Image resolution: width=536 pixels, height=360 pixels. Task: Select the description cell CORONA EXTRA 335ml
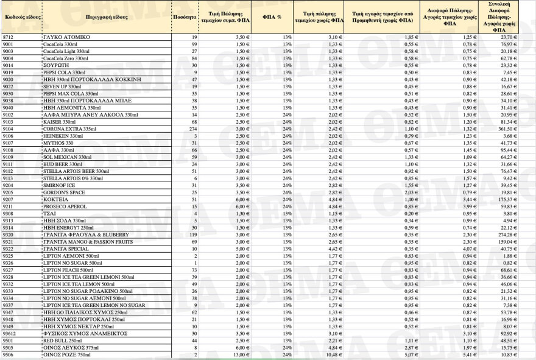click(65, 129)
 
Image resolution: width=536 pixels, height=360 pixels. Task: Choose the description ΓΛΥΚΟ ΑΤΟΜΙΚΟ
click(66, 37)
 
